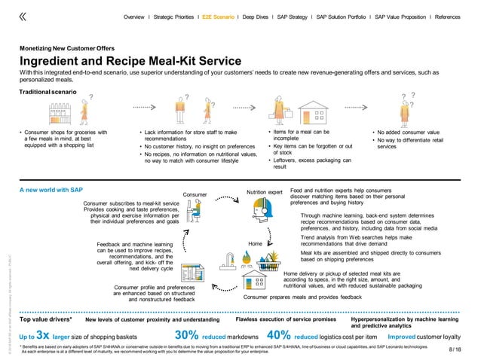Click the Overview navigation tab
pos(134,16)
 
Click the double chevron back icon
pos(23,15)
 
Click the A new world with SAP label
pos(50,191)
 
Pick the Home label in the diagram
pos(256,243)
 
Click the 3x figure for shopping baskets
pos(43,335)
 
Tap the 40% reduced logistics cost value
pos(279,335)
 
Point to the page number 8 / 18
pos(455,349)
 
